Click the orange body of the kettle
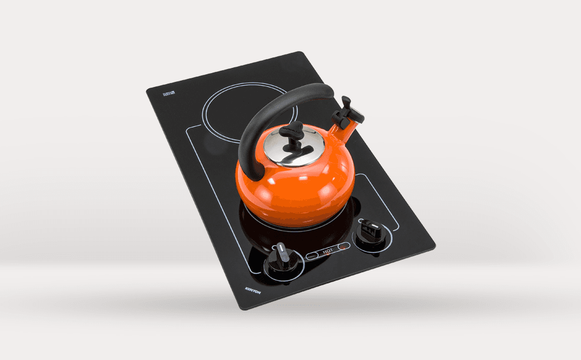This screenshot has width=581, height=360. pos(296,186)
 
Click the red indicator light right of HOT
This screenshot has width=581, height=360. pos(343,247)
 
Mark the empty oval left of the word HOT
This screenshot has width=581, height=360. pos(313,255)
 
